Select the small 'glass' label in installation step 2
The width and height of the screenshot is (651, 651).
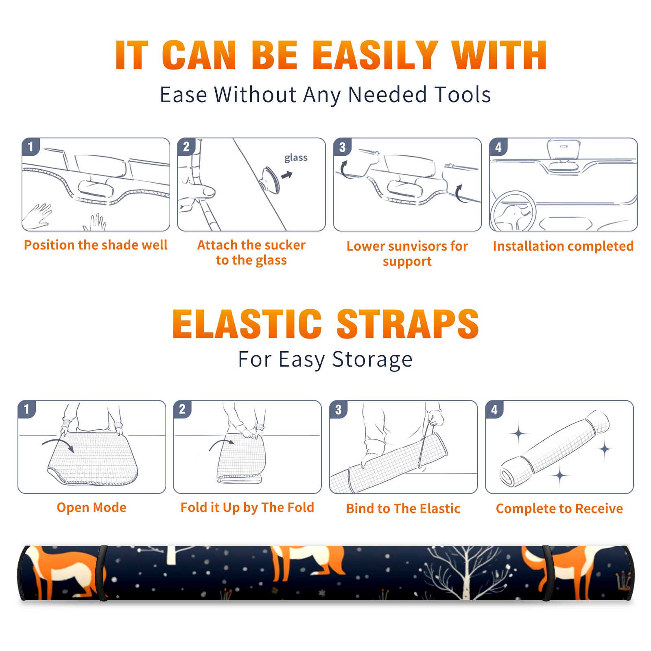click(296, 158)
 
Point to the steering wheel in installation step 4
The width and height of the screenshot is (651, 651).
click(513, 211)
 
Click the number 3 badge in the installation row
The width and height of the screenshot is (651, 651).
click(342, 147)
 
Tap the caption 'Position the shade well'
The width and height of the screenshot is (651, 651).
click(96, 245)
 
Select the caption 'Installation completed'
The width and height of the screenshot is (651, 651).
click(563, 246)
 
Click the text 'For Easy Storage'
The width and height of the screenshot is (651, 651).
click(325, 359)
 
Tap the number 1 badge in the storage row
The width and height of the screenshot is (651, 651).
click(27, 409)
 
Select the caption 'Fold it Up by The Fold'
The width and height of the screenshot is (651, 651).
click(247, 507)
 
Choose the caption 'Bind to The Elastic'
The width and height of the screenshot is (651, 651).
click(403, 509)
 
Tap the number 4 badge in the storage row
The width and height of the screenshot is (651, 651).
click(494, 409)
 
